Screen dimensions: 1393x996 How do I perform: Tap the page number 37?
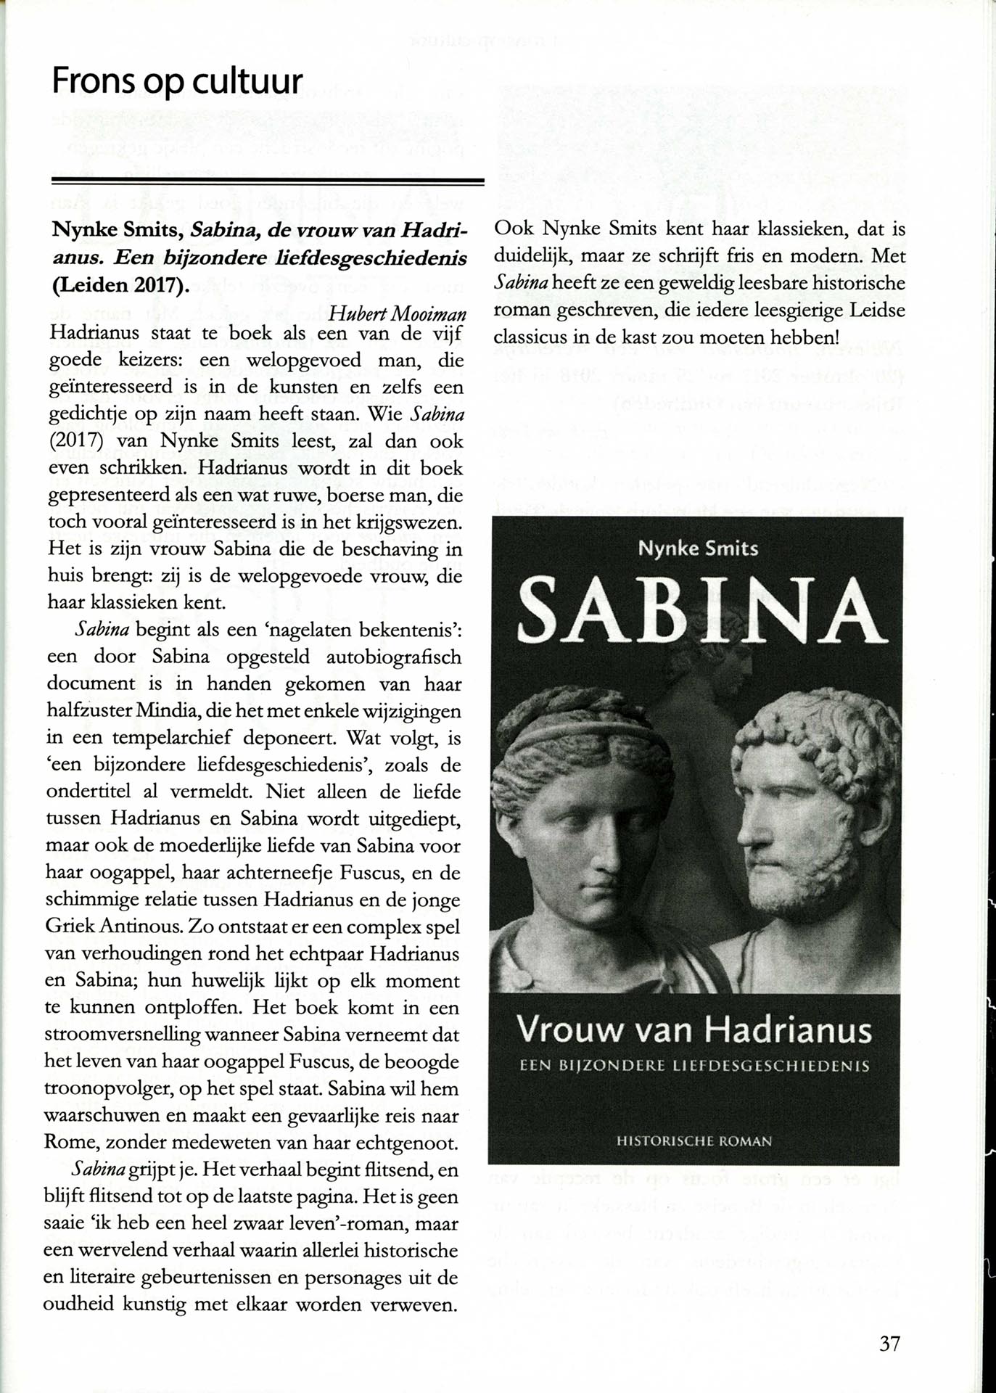[x=889, y=1344]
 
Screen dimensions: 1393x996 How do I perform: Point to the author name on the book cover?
[x=698, y=548]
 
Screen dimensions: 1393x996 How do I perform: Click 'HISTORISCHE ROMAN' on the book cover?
[x=694, y=1141]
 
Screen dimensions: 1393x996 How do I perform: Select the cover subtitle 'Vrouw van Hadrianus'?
[x=694, y=1030]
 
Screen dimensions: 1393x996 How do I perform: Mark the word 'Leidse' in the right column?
[x=878, y=311]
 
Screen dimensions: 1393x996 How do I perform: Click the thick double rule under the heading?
[x=268, y=181]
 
